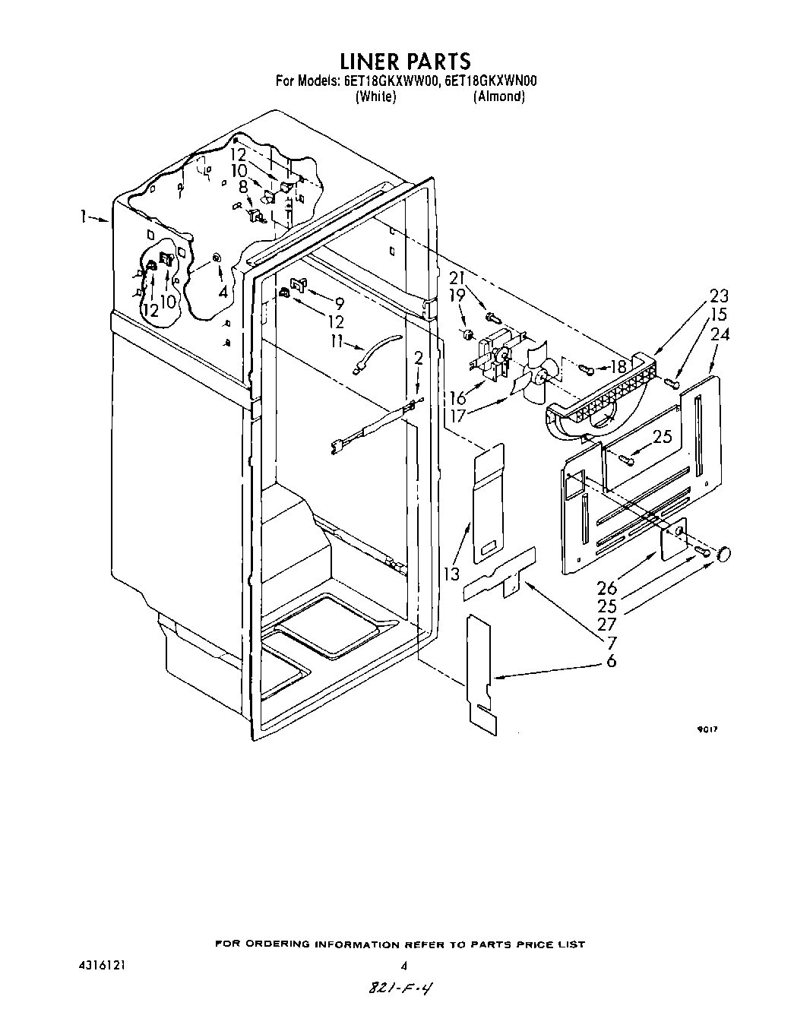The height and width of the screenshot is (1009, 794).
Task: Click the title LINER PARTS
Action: (405, 60)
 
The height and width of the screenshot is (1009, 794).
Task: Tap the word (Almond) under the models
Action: (498, 96)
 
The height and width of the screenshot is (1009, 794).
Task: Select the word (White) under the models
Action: (375, 96)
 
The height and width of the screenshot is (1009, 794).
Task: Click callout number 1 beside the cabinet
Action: (83, 217)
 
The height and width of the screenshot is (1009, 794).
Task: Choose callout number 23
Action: (718, 296)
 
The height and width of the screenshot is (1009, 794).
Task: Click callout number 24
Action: (720, 334)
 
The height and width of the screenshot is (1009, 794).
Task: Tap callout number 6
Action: (611, 661)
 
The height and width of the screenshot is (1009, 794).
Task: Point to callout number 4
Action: (223, 290)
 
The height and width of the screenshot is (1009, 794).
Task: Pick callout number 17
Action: (459, 415)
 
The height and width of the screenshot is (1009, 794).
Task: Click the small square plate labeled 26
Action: (672, 539)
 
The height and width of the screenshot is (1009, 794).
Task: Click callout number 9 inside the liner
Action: (338, 302)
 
